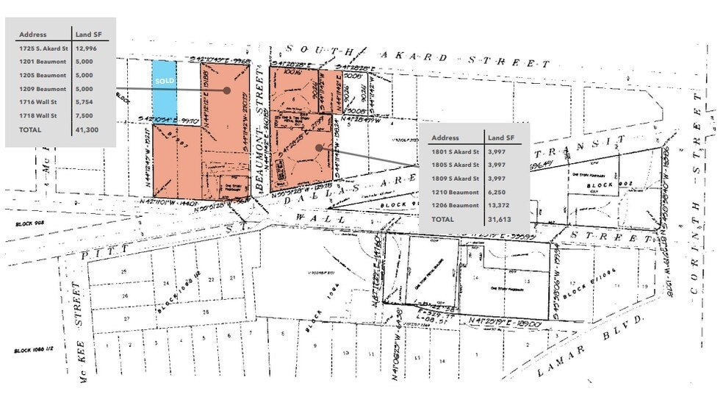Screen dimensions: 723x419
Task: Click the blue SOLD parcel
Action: coord(162,92)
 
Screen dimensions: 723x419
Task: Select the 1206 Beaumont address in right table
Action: coord(455,206)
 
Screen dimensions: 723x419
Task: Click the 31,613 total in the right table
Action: coord(500,219)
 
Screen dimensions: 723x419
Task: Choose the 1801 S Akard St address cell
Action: coord(456,151)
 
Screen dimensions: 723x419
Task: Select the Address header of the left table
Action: coord(33,34)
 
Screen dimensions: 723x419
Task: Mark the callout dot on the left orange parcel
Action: coord(227,90)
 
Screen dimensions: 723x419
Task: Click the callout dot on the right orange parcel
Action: coord(318,147)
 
